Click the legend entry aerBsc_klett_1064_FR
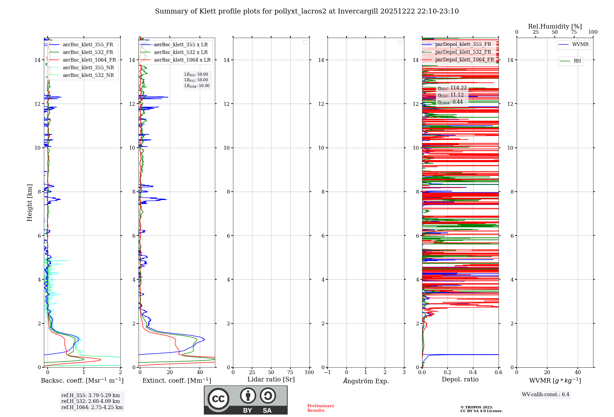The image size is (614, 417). pos(89,60)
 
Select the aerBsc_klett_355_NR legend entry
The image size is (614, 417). pos(88,68)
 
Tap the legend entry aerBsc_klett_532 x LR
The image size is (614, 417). pos(181,52)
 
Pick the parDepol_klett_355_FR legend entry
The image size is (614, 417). pos(463,44)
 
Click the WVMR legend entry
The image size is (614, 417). pos(580,44)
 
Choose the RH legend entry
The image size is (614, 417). pos(577,61)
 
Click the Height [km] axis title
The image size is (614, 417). pos(29,203)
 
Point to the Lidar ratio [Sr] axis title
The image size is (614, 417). pos(271,380)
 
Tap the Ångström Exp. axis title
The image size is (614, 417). pos(366,381)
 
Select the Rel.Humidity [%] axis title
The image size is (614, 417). pos(555,26)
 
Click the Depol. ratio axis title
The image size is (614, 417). pos(460,380)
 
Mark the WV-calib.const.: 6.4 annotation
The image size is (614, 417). pos(545,395)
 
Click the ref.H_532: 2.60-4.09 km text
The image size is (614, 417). pos(91,401)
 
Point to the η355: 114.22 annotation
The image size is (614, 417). pos(452,88)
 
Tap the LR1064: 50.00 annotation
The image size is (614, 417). pos(197,86)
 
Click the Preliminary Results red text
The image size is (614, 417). pos(321,408)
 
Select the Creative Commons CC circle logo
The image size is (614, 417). pos(218,399)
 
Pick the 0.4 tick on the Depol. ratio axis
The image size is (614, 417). pos(473,373)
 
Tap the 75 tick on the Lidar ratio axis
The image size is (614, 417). pos(290,373)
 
